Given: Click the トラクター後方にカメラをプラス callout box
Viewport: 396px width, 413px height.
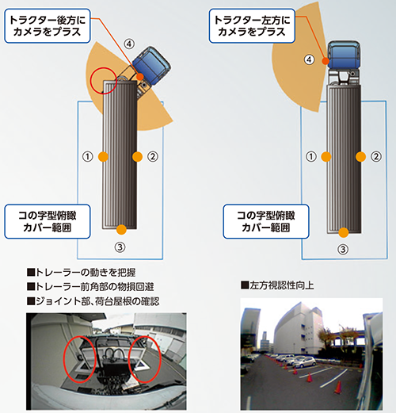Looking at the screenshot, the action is click(x=48, y=26).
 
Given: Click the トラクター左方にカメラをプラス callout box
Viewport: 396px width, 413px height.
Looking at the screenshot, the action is click(x=252, y=26).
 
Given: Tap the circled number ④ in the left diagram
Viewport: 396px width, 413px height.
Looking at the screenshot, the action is click(x=129, y=44).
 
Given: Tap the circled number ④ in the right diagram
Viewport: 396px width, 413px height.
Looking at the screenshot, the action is click(x=309, y=59).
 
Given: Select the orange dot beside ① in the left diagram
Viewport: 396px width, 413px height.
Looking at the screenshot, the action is click(x=103, y=157).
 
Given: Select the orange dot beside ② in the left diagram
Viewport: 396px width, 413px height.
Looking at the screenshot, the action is click(x=137, y=157).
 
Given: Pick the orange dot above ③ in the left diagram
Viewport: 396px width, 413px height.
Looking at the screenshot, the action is click(x=121, y=229).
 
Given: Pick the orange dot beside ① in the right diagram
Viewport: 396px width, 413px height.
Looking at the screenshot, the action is click(x=326, y=157).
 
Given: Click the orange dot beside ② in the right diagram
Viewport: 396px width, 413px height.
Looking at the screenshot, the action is click(x=360, y=157).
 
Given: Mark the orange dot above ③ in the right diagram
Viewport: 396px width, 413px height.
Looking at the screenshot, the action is click(x=344, y=232).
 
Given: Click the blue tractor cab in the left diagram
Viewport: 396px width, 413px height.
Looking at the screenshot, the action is click(x=151, y=63).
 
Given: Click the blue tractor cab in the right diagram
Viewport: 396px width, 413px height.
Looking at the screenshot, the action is click(x=344, y=55).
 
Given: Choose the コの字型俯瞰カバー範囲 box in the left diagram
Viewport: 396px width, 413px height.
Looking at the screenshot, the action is click(x=48, y=221).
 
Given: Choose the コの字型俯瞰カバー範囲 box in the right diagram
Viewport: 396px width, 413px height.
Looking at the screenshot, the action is click(x=266, y=221).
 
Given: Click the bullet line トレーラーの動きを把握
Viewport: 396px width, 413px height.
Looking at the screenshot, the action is click(x=82, y=272).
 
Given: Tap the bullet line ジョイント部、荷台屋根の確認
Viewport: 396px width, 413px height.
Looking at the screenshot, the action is click(x=93, y=301).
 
